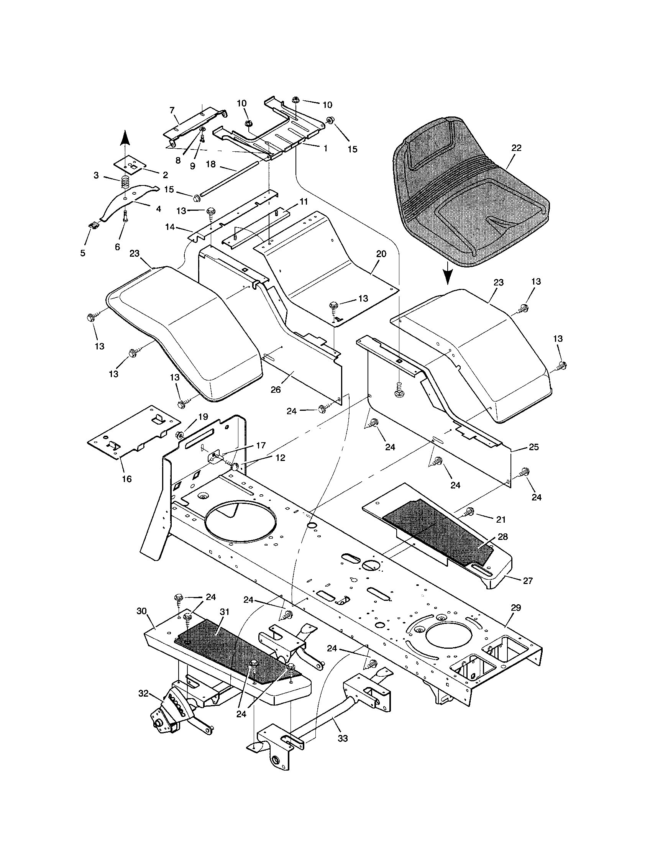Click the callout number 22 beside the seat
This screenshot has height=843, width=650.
(516, 148)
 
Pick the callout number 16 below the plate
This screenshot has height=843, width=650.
(126, 479)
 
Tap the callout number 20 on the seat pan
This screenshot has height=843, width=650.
(381, 254)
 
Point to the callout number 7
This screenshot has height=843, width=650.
(172, 110)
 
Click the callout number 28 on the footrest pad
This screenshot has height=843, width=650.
(503, 536)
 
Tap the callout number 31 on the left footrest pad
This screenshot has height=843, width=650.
(224, 612)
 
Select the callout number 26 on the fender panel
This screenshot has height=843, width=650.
(276, 389)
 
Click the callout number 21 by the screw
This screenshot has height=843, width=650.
(501, 520)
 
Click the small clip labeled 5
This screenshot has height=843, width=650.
(93, 225)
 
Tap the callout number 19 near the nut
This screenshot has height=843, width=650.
(203, 417)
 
